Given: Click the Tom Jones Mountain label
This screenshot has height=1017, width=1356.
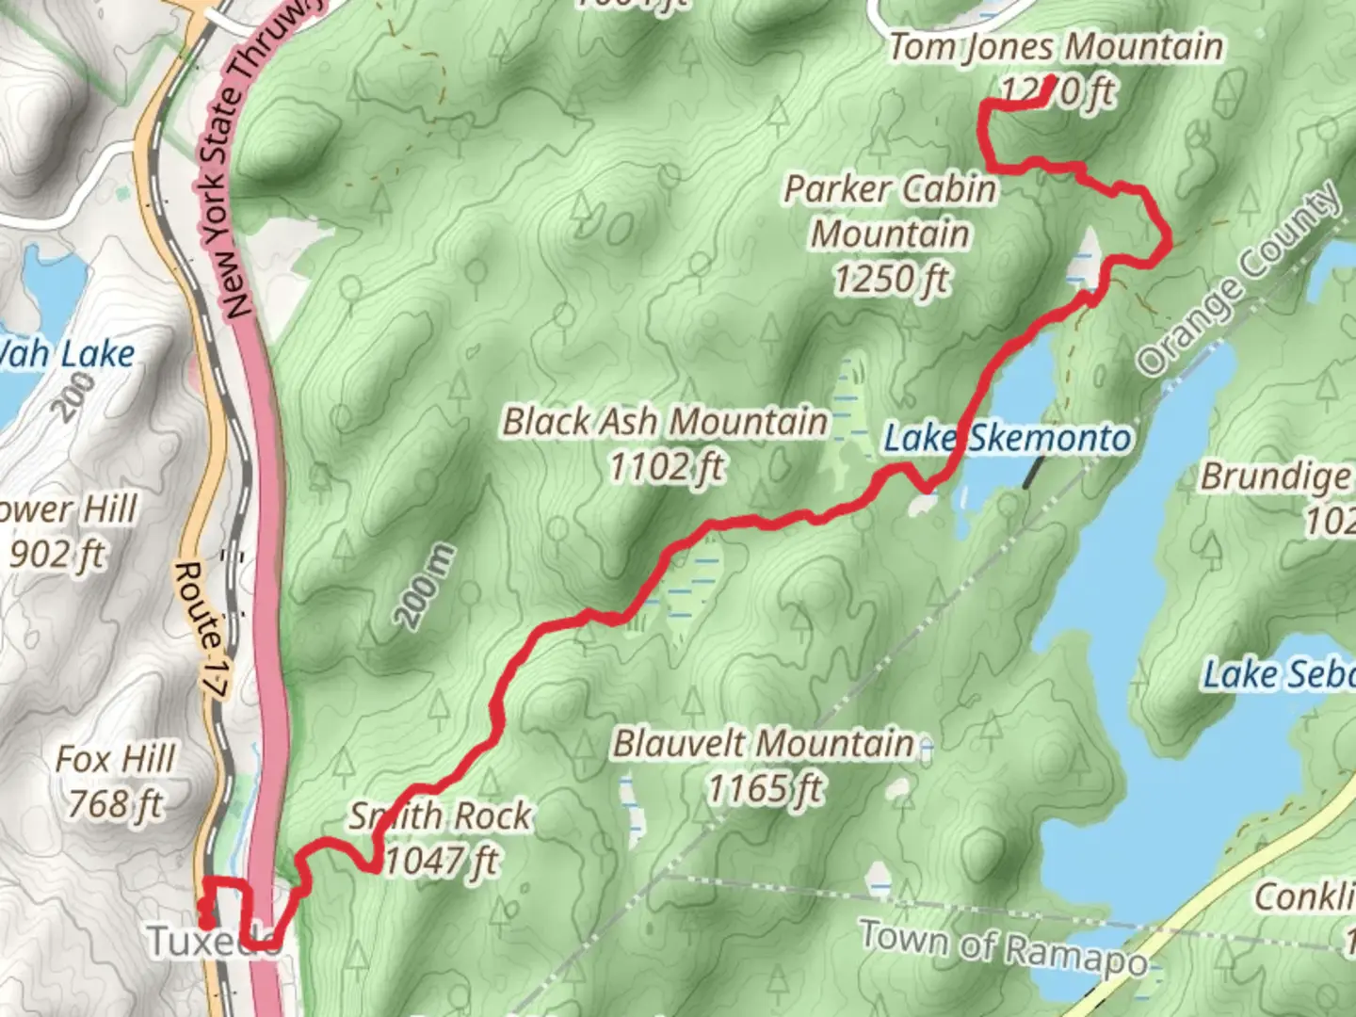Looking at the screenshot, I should tap(1056, 47).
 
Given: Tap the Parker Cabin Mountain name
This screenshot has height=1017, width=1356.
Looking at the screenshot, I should tap(891, 211).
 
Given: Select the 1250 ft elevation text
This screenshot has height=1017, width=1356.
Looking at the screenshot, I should tap(891, 279).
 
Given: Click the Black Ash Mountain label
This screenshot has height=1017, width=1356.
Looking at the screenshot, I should tap(665, 421).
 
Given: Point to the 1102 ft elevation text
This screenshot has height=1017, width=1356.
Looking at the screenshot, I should tap(667, 466).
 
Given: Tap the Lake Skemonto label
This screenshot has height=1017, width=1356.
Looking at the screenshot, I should tap(1007, 438).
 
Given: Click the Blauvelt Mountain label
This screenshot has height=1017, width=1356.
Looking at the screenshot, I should tap(764, 744).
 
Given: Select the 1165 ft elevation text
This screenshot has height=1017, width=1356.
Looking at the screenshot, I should tap(765, 789).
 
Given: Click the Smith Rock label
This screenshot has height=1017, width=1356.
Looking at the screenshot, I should tap(440, 815).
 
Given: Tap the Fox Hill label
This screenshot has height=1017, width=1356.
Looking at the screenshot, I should tap(116, 759).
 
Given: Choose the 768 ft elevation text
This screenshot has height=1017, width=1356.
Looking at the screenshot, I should tap(116, 804).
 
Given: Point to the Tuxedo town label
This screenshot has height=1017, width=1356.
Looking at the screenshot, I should tap(212, 941).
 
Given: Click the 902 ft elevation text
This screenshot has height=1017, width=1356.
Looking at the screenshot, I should tap(57, 555).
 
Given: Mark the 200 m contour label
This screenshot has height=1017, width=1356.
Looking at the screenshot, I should tap(426, 586).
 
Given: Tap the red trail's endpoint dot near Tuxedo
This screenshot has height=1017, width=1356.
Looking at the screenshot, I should tap(204, 907).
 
